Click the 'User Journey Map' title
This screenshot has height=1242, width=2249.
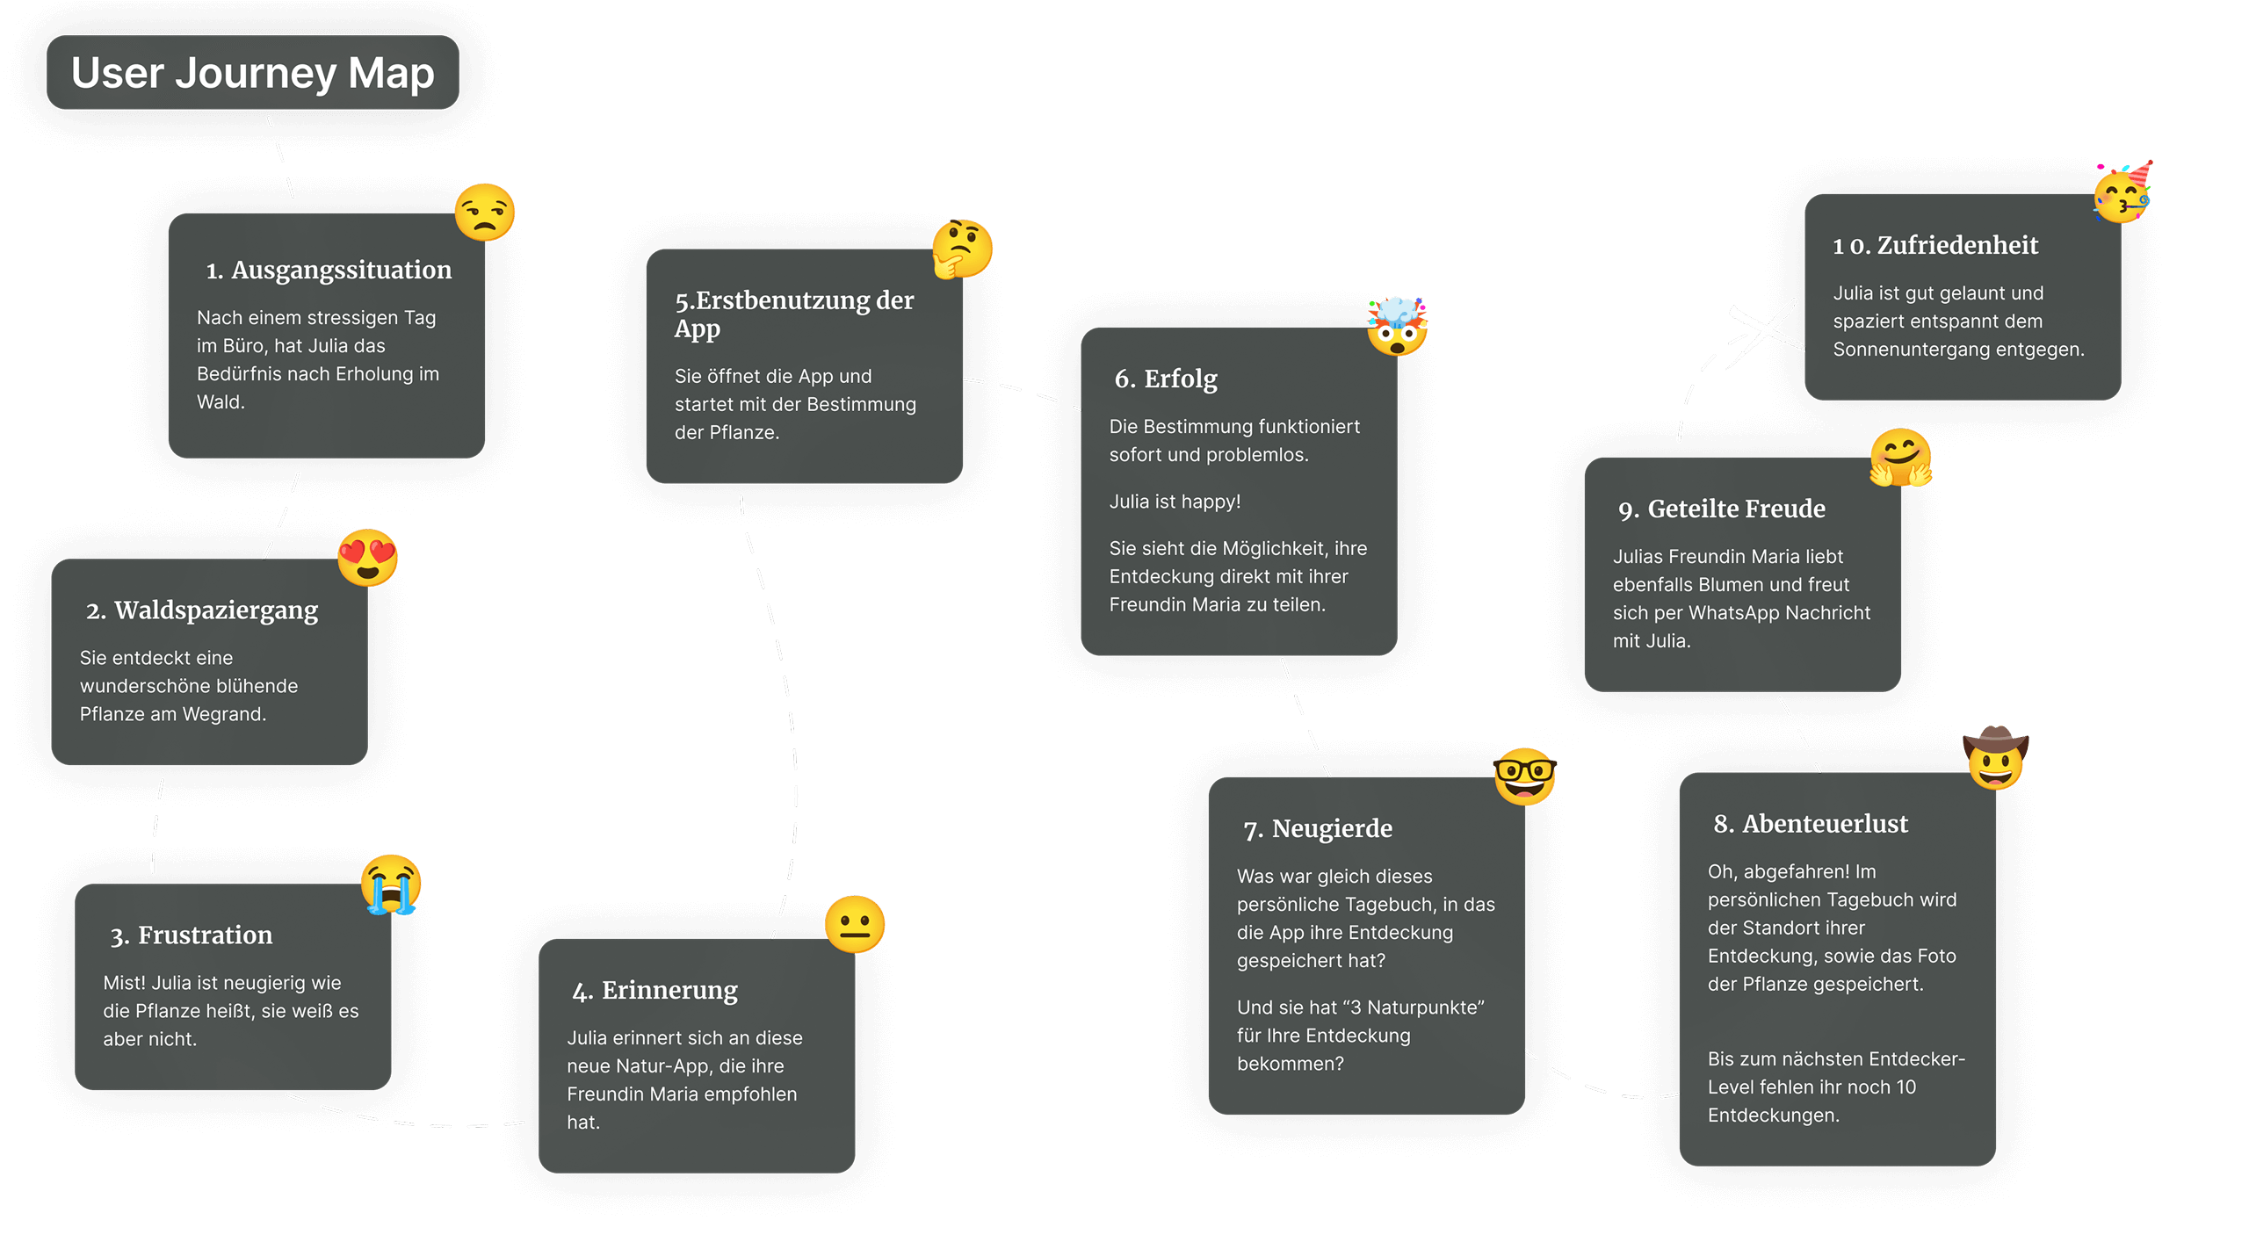pyautogui.click(x=252, y=73)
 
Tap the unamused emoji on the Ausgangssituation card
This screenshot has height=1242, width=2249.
pyautogui.click(x=484, y=213)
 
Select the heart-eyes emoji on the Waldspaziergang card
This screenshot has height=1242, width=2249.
pyautogui.click(x=368, y=558)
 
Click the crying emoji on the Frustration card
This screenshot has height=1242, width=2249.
pyautogui.click(x=391, y=884)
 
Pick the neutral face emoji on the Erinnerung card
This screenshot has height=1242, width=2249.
pyautogui.click(x=854, y=924)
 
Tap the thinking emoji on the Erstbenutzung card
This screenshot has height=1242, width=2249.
pyautogui.click(x=962, y=249)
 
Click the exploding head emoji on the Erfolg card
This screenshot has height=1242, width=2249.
pyautogui.click(x=1397, y=326)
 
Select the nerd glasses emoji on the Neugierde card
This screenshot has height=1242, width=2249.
pyautogui.click(x=1525, y=776)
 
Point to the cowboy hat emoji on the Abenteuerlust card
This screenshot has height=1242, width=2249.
pyautogui.click(x=1996, y=758)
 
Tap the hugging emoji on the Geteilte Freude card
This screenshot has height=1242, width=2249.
pyautogui.click(x=1900, y=458)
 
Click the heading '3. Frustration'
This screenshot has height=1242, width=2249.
pyautogui.click(x=192, y=935)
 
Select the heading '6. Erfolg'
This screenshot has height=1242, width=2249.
pyautogui.click(x=1166, y=379)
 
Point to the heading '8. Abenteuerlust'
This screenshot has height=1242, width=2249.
pyautogui.click(x=1811, y=824)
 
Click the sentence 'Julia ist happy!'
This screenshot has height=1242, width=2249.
pyautogui.click(x=1175, y=502)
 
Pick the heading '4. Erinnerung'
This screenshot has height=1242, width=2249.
pyautogui.click(x=655, y=991)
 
